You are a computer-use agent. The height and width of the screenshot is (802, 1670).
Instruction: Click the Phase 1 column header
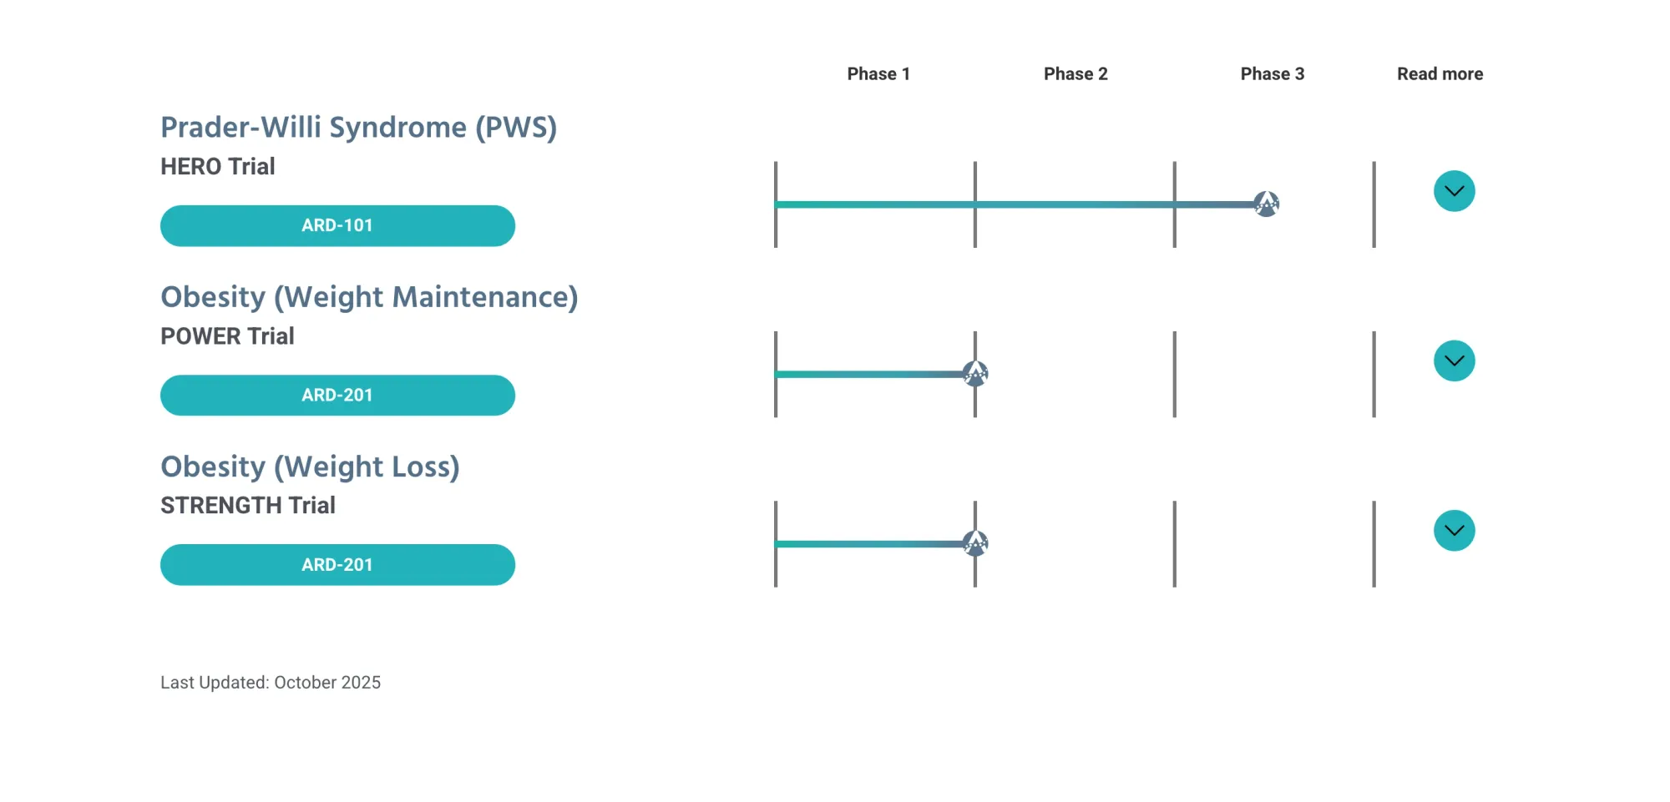click(x=878, y=73)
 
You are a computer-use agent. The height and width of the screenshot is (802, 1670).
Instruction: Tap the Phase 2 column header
click(x=1075, y=73)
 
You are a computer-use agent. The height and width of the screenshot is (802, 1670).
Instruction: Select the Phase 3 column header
click(x=1273, y=73)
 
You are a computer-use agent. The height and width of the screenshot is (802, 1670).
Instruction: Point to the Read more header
click(x=1440, y=73)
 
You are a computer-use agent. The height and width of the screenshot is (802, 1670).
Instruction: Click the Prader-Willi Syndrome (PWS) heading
click(x=359, y=127)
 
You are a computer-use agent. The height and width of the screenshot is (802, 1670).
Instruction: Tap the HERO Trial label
click(x=218, y=166)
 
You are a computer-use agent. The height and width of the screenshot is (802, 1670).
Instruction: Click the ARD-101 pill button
click(x=337, y=225)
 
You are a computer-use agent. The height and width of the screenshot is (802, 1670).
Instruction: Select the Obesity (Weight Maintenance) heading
click(x=369, y=297)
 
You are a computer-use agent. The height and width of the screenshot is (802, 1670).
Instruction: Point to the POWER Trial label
click(x=227, y=335)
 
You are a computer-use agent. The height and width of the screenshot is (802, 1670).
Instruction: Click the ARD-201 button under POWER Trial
click(x=337, y=395)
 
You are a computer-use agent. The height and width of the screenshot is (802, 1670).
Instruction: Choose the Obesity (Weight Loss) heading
click(x=310, y=467)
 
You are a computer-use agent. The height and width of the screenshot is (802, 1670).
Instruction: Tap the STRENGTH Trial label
click(x=248, y=505)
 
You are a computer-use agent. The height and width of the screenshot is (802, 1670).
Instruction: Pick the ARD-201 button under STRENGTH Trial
click(x=337, y=564)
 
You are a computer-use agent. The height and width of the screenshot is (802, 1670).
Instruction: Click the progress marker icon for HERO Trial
click(x=1267, y=204)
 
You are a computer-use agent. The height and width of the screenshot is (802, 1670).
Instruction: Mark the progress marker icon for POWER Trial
click(x=975, y=373)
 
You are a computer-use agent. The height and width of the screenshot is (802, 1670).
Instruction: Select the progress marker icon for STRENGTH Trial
click(x=975, y=543)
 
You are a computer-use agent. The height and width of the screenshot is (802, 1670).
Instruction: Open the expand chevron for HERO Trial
click(x=1455, y=191)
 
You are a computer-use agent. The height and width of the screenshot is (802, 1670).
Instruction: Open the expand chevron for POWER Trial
click(x=1455, y=361)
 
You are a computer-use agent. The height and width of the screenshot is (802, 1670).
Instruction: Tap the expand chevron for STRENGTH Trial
click(x=1455, y=531)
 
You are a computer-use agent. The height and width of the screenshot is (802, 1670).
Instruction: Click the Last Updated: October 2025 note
click(x=271, y=682)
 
